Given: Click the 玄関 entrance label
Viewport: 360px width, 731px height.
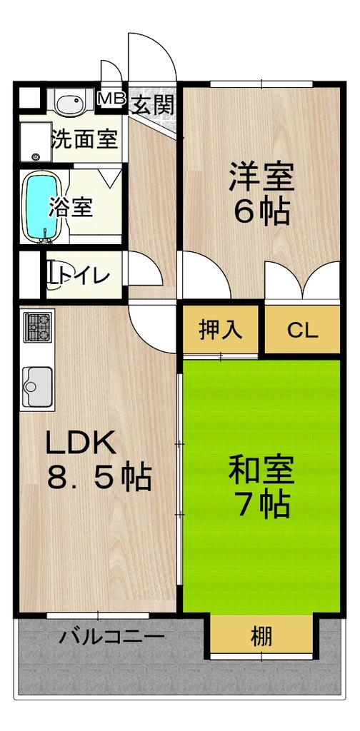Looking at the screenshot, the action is click(x=153, y=104).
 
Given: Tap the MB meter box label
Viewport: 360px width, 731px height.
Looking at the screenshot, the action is click(x=111, y=99).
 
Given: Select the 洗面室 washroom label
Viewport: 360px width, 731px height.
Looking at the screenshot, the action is click(x=84, y=139).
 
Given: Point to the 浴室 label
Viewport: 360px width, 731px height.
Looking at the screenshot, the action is click(x=70, y=207).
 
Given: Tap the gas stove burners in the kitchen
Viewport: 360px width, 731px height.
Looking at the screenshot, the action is click(x=38, y=327).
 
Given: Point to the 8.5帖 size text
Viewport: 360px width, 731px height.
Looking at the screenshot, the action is click(x=99, y=476).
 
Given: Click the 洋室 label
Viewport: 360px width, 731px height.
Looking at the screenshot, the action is click(x=261, y=176).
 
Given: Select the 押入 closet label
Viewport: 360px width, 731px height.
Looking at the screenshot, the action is click(x=220, y=331).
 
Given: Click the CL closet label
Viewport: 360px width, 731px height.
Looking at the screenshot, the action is click(x=303, y=331).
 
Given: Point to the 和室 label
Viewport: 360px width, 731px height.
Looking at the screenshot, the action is click(x=261, y=470).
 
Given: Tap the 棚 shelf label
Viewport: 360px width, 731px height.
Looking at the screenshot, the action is click(x=261, y=636).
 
